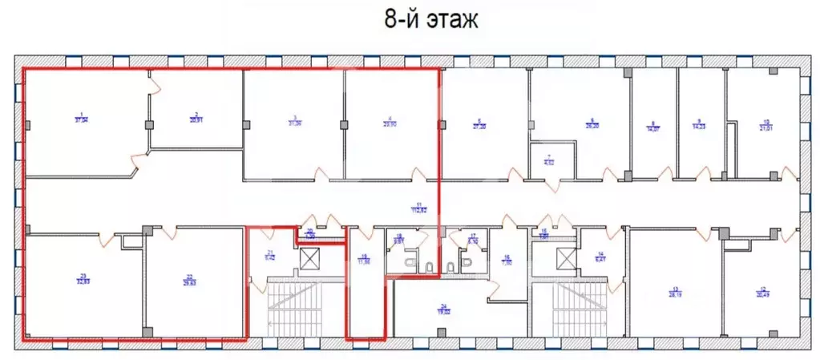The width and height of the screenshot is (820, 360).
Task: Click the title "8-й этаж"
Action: (x=431, y=19)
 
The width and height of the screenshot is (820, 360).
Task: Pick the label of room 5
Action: (x=479, y=123)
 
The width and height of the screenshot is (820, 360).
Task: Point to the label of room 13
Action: (x=675, y=291)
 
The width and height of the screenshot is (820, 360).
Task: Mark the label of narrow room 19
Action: (x=365, y=258)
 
